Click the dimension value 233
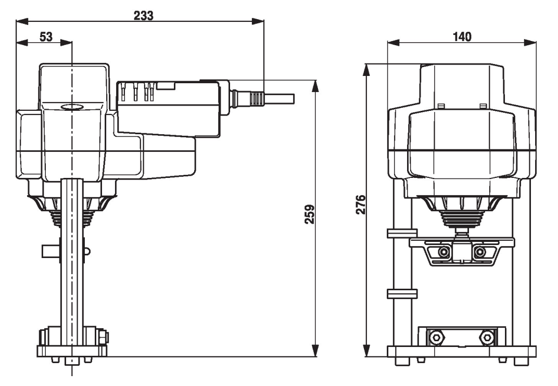(x=144, y=16)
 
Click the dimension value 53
(x=46, y=36)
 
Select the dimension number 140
(x=462, y=36)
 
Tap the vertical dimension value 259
(x=310, y=214)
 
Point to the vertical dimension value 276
(x=361, y=204)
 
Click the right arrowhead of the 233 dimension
(x=258, y=21)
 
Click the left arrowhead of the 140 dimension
(x=393, y=43)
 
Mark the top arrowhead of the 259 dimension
(x=315, y=86)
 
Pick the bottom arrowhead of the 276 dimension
(x=366, y=351)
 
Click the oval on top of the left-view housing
(x=72, y=107)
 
